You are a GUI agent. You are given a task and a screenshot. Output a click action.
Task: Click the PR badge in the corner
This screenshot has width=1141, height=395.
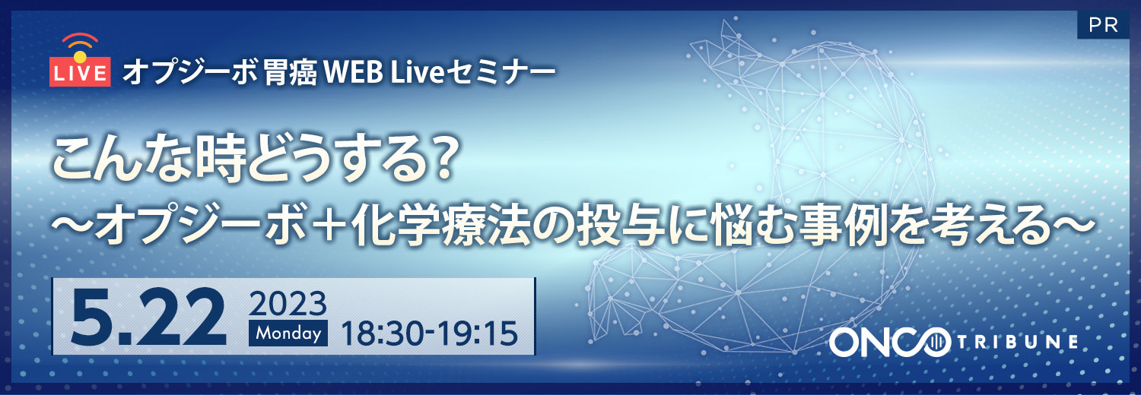1102,25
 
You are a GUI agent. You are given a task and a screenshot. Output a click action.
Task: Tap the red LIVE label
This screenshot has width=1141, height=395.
80,74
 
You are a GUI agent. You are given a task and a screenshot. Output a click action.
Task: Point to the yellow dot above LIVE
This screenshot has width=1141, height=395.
80,55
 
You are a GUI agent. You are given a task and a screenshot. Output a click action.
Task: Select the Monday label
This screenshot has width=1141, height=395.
288,333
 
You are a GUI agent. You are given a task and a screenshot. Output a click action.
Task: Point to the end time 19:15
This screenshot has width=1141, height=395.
480,333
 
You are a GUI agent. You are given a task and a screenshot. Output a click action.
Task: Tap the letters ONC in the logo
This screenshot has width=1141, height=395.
871,343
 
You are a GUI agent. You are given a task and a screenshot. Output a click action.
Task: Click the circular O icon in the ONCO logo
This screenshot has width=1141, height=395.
933,343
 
